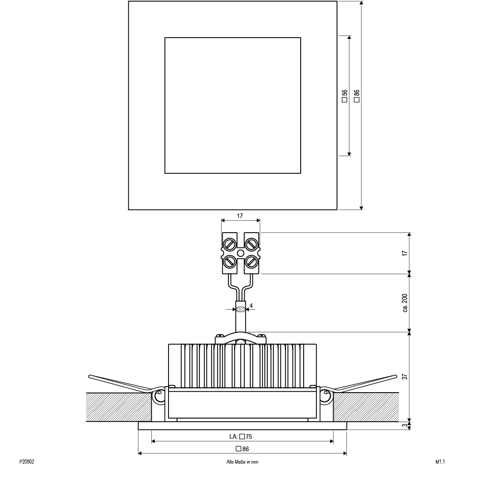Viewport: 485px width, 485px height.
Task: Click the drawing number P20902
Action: (x=27, y=462)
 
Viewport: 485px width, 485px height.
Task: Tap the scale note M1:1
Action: (x=440, y=462)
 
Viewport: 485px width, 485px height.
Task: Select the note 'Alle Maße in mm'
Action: (x=242, y=462)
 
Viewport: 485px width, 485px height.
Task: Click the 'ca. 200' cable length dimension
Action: (x=405, y=303)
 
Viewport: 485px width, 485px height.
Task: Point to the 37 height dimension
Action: (x=405, y=377)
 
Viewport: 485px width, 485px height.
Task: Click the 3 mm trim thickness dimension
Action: (x=405, y=425)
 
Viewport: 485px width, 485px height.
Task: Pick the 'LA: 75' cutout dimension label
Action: (x=241, y=436)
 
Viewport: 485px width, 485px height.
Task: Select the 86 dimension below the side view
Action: (x=242, y=449)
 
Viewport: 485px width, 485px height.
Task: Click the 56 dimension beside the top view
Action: (x=345, y=95)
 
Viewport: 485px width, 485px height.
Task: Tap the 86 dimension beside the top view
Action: (x=357, y=95)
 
